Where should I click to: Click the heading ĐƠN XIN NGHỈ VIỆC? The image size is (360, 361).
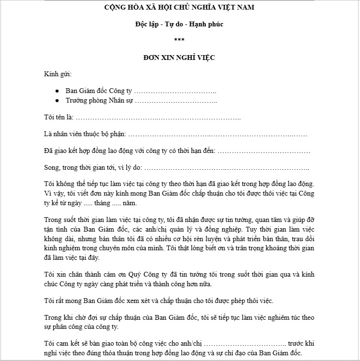[179, 58]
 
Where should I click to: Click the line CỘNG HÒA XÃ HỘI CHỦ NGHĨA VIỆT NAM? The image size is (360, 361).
[179, 7]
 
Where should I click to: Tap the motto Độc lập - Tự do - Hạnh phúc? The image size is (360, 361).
[179, 24]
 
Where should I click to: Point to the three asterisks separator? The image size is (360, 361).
[179, 40]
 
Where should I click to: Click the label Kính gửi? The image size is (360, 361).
[57, 74]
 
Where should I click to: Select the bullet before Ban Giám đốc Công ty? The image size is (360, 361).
[57, 91]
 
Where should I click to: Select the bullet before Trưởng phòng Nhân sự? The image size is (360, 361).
[57, 101]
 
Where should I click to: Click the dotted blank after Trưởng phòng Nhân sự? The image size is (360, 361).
[175, 101]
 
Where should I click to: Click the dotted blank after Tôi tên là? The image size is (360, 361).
[158, 118]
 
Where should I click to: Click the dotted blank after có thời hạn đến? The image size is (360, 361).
[264, 151]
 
